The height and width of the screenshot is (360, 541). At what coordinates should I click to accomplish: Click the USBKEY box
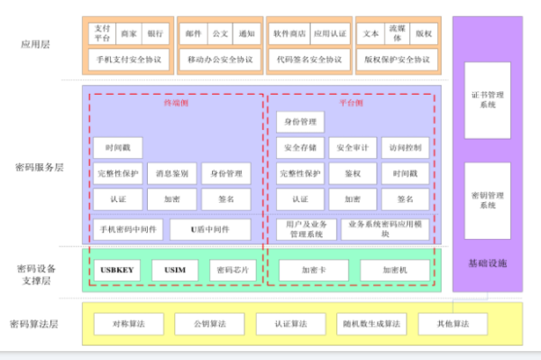tap(117, 270)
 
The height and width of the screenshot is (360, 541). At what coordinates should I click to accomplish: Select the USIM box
tap(175, 270)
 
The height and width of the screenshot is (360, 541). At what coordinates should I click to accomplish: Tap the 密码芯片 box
tap(232, 270)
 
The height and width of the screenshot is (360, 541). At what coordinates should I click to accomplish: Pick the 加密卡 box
tap(313, 270)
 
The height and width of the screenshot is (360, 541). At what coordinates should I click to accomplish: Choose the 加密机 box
tap(395, 270)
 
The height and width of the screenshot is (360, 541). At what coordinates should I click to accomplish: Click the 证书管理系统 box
tap(487, 99)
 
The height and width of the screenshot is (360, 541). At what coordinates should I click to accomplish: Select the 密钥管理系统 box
tap(487, 199)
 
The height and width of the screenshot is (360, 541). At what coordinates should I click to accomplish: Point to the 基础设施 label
tap(487, 263)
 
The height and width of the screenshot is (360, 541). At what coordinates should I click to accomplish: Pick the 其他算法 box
tap(453, 324)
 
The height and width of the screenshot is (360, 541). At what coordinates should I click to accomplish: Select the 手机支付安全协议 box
tap(129, 60)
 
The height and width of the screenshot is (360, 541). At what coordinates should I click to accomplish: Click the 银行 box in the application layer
tap(156, 34)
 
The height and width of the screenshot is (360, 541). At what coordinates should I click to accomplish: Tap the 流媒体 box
tap(396, 33)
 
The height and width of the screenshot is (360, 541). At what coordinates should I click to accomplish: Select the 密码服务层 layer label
tap(40, 167)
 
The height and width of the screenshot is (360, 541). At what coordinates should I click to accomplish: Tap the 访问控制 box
tap(405, 147)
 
